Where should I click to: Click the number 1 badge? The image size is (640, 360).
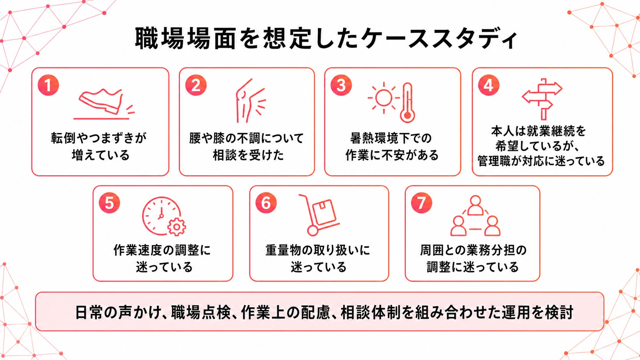coord(48,85)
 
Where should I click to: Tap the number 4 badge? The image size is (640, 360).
coord(488,85)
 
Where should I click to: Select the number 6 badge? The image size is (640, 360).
coord(266,203)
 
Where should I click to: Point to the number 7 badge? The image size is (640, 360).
coord(421,203)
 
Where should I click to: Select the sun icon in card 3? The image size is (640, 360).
coord(384,98)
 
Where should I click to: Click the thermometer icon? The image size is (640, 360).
coord(407,103)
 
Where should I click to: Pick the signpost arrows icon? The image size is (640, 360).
coord(542,99)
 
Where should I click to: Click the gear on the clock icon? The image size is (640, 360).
coord(177,227)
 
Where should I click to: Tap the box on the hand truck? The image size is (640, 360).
coord(324,212)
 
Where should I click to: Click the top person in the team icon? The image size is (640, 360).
coord(475,205)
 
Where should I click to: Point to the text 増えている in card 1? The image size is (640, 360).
coord(101,155)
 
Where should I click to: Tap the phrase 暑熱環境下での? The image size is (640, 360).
coord(391,138)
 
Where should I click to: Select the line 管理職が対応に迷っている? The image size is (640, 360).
coord(541,161)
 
